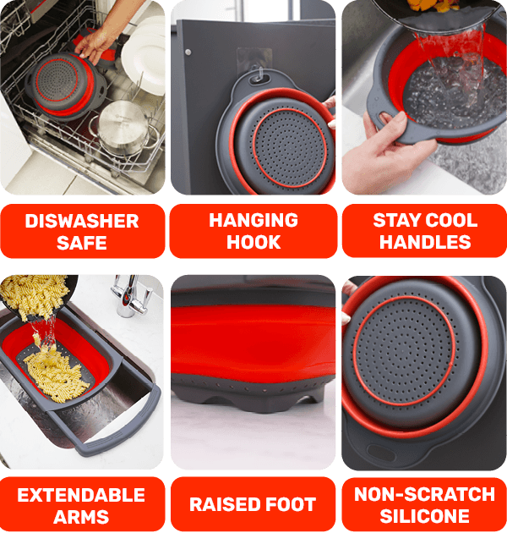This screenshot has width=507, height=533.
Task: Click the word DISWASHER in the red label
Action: coord(82,221)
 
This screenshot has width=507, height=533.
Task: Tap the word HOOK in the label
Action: coord(253,242)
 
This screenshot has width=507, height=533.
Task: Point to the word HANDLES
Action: coord(425,242)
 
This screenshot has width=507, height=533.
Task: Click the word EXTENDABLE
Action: coord(81,495)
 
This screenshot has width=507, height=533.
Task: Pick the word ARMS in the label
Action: coord(81,517)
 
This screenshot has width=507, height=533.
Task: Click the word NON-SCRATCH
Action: coord(424,494)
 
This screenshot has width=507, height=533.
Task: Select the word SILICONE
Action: coord(424,516)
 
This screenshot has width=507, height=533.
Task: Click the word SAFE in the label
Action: coord(82,243)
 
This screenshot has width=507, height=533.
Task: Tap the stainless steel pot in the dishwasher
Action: coord(123,128)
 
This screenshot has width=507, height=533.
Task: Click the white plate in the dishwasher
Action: coord(144,54)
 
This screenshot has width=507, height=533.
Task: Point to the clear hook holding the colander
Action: coord(259,75)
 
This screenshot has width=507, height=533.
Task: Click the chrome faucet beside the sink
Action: coord(131,296)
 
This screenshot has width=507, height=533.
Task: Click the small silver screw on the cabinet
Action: coord(188,52)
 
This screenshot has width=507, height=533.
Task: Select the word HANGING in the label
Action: coord(253,220)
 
